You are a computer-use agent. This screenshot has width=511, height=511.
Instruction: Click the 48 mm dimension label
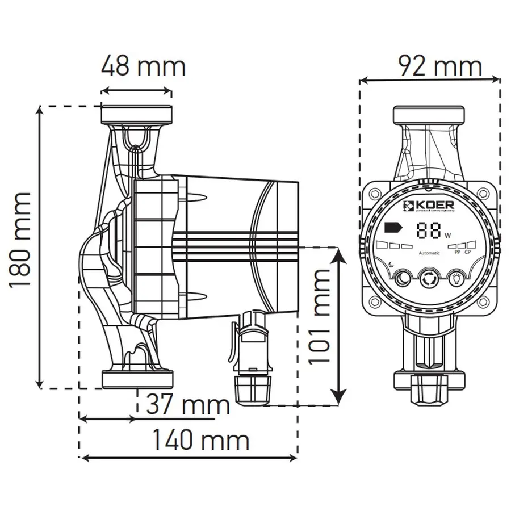(143, 66)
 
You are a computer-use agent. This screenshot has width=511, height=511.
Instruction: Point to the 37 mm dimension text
(188, 405)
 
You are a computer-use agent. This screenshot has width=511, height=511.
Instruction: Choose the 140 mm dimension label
(200, 440)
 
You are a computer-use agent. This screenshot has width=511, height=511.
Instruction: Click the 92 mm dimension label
(439, 66)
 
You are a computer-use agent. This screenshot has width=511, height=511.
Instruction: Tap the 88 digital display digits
(429, 230)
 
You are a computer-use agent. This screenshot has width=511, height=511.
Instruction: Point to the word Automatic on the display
(429, 253)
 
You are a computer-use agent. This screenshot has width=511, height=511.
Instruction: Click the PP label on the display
(458, 252)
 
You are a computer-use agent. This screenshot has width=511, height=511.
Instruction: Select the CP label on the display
(468, 252)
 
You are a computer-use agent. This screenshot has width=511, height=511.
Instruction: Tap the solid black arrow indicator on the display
(391, 228)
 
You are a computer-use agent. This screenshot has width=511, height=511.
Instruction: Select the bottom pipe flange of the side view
(136, 379)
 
